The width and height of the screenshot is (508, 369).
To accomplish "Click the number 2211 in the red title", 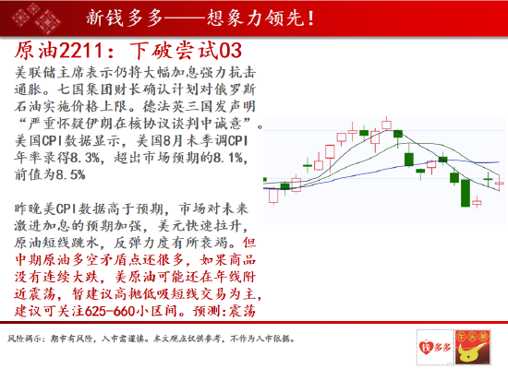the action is [81, 51].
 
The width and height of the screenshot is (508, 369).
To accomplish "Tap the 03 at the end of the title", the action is [231, 51].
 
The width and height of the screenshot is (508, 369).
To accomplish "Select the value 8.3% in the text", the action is [85, 158].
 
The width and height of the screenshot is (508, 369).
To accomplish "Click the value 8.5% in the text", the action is [70, 174].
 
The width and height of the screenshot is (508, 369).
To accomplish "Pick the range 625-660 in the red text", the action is [110, 311].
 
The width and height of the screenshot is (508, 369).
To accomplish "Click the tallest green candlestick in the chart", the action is [466, 193].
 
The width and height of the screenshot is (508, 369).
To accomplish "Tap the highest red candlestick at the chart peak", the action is [386, 125].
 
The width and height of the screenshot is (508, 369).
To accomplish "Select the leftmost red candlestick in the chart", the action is [273, 196].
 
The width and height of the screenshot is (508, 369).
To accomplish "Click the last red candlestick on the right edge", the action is [500, 183].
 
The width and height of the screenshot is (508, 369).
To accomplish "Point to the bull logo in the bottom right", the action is [473, 347].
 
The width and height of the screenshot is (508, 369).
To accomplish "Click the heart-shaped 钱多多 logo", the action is [435, 347].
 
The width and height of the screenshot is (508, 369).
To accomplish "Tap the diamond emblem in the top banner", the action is [36, 18].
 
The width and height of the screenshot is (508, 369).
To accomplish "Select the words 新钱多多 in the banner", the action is [124, 18].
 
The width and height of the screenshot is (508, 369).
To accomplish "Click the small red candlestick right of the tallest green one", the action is [477, 202].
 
